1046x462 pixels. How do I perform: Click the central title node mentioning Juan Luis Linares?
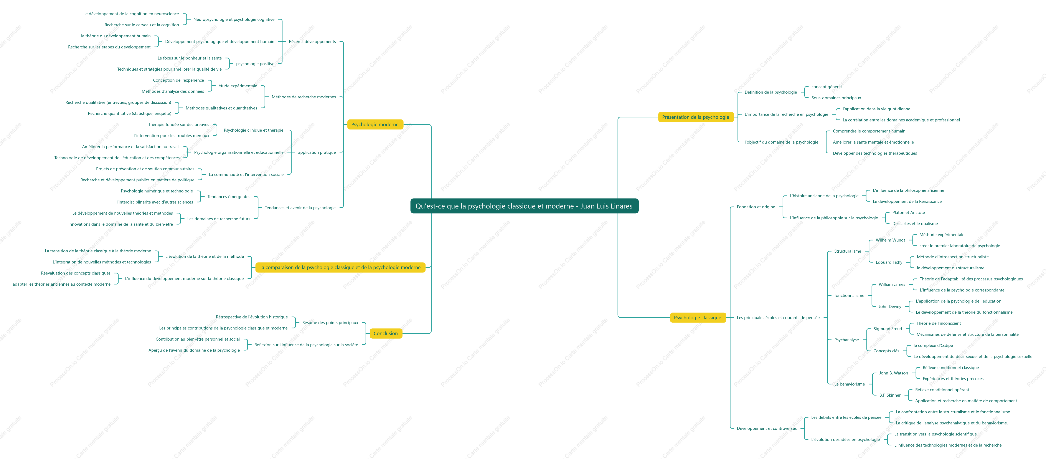(x=524, y=206)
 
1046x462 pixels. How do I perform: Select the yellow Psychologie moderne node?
(x=375, y=124)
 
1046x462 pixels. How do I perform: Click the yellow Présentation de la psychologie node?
(x=696, y=117)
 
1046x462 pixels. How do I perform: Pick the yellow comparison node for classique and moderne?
(x=340, y=267)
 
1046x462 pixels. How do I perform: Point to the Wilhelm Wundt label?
(x=890, y=240)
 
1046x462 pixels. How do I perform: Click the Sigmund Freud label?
(x=888, y=329)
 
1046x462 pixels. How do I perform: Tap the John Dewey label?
(x=890, y=307)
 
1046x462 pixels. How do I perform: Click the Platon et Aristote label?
(x=908, y=212)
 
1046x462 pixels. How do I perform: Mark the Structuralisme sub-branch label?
(x=847, y=251)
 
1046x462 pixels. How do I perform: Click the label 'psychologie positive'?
(x=255, y=64)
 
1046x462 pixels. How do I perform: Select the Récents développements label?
(x=312, y=41)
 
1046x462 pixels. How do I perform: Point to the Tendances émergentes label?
(x=229, y=197)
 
